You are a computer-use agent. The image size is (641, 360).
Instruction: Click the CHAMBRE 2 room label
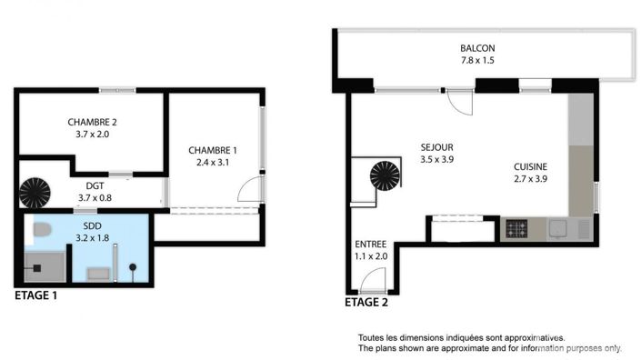92,122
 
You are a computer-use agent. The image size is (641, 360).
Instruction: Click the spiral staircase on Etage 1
37,191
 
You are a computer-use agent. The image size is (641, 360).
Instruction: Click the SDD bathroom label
92,225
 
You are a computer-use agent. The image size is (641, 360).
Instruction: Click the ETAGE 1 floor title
36,295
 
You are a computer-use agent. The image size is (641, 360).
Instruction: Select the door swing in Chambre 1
248,188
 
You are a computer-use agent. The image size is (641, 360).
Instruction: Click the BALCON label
477,49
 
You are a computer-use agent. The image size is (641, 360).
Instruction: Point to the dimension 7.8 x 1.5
477,62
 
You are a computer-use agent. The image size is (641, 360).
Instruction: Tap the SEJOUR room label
436,146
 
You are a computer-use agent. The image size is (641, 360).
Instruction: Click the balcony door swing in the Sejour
461,104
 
